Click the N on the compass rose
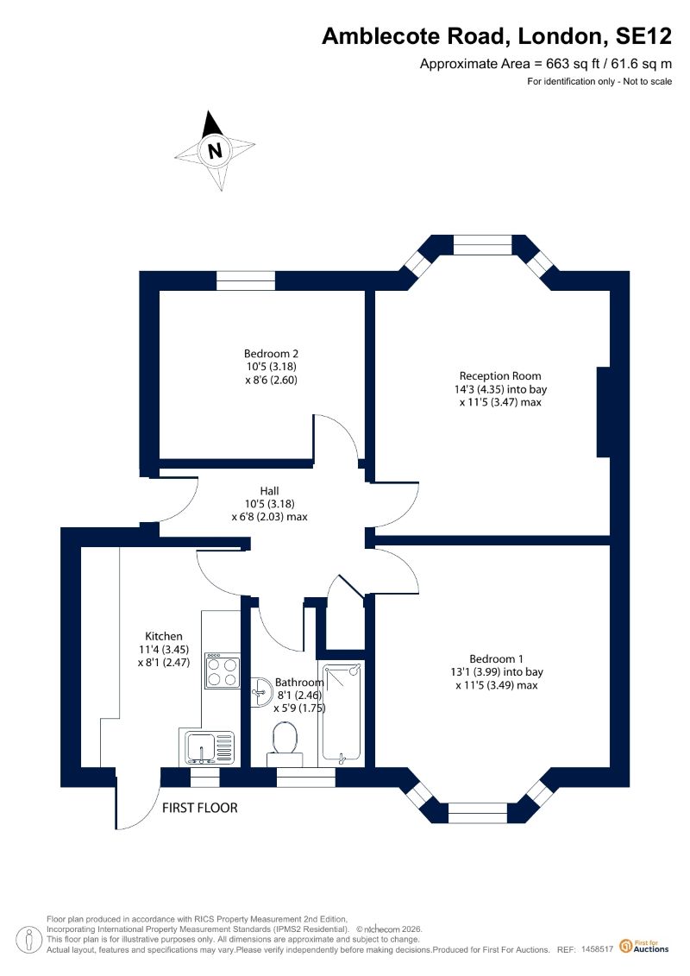[216, 151]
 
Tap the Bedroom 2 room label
[271, 354]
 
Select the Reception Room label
[500, 376]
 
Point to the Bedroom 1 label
[496, 658]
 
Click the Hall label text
[269, 491]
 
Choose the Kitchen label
[164, 636]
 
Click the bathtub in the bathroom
[341, 714]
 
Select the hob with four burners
[223, 671]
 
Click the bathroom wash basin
[260, 692]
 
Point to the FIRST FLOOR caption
[200, 808]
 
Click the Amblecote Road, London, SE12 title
[497, 36]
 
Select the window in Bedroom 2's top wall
[246, 280]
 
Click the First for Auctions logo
[644, 947]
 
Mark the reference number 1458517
[597, 950]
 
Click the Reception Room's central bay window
[483, 244]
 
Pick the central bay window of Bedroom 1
[478, 813]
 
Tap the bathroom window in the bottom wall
[305, 778]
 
